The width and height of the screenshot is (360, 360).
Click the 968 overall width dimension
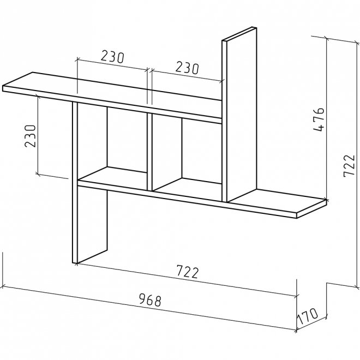click(151, 300)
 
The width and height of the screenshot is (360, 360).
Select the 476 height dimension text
click(319, 119)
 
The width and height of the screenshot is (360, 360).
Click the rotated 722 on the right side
click(349, 166)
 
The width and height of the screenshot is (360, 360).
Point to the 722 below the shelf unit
click(187, 272)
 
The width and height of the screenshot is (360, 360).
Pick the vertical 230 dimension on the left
click(31, 136)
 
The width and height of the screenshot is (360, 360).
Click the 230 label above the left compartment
click(112, 57)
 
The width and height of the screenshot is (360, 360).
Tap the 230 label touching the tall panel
click(187, 68)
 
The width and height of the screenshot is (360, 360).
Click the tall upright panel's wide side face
click(242, 115)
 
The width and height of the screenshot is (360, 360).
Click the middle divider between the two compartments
click(149, 152)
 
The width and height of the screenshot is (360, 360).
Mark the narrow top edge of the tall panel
click(239, 34)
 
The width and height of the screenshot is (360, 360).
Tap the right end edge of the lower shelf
click(311, 209)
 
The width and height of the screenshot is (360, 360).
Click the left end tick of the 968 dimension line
click(3, 287)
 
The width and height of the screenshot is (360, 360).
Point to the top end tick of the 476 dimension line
click(326, 39)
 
